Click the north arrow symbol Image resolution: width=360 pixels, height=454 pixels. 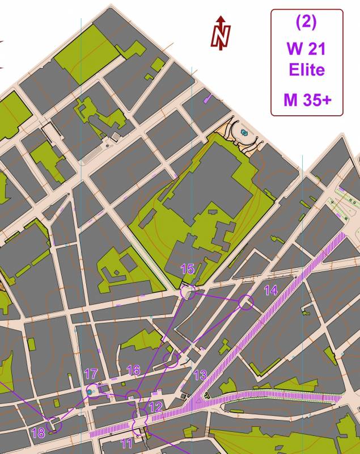click(x=221, y=33)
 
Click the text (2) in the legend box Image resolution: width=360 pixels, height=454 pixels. click(x=306, y=22)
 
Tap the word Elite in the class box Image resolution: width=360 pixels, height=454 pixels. click(x=307, y=70)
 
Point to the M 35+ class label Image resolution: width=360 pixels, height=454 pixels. click(x=307, y=100)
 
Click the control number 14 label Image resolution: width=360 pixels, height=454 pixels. click(x=271, y=290)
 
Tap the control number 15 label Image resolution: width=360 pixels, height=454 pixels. click(x=188, y=269)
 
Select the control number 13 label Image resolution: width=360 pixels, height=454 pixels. click(x=200, y=375)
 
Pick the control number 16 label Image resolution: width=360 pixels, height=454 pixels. click(x=133, y=371)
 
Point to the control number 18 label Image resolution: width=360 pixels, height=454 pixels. click(x=38, y=434)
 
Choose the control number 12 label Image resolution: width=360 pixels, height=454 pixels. click(x=155, y=406)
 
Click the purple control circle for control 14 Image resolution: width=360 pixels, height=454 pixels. click(x=245, y=302)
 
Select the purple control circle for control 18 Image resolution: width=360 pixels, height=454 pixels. click(x=53, y=424)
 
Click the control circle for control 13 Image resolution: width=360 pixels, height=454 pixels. click(x=171, y=360)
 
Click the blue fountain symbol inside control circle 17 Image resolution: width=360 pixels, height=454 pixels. click(x=91, y=391)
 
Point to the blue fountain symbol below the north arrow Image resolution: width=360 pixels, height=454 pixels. click(x=245, y=133)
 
